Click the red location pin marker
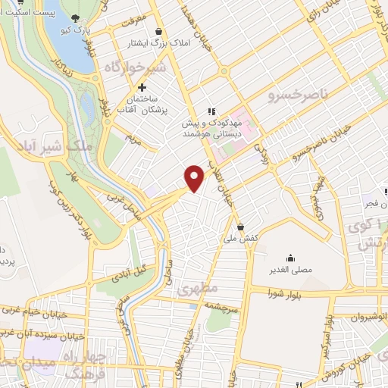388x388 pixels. [x=195, y=177]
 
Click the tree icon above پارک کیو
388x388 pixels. [x=74, y=17]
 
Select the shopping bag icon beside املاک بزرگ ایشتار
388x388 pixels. [x=158, y=31]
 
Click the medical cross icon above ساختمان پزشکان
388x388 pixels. [x=142, y=87]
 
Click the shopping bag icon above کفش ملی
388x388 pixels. [x=240, y=226]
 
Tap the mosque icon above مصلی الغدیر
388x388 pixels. [x=289, y=258]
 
